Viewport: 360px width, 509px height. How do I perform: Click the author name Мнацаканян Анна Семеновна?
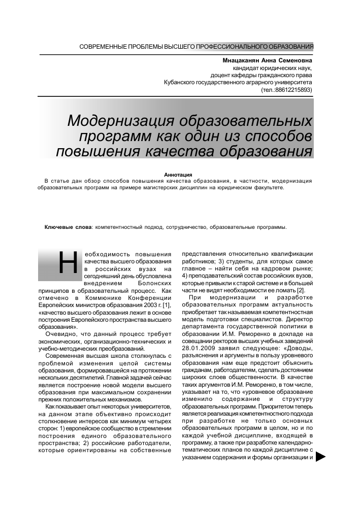tap(267, 60)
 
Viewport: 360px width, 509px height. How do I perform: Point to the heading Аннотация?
tap(175, 175)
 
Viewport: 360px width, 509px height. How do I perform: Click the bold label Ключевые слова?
tap(68, 227)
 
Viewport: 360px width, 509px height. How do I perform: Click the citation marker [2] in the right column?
tap(301, 290)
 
